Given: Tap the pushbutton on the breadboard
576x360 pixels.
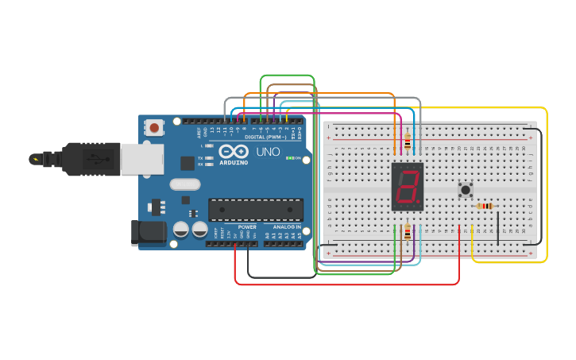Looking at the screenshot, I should (x=466, y=190).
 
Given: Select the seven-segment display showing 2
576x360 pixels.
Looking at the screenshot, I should (x=408, y=187).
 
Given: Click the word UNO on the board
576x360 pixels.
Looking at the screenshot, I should (x=268, y=152).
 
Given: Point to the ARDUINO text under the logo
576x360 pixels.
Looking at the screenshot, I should (x=234, y=162).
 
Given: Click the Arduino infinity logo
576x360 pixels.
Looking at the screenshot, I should (x=234, y=151).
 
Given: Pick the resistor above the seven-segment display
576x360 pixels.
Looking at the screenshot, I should (x=408, y=141).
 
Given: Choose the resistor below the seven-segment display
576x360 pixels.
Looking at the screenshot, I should (x=408, y=231).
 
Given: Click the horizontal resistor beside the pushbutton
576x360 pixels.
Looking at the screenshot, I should (x=485, y=206).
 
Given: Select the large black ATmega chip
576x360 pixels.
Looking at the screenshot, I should (x=256, y=209).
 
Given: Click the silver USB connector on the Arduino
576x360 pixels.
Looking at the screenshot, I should (x=142, y=158).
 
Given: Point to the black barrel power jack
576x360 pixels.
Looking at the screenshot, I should (x=149, y=232).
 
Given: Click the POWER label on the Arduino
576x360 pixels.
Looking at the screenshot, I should (x=247, y=226).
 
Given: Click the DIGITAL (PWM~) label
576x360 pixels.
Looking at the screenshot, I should (x=266, y=137).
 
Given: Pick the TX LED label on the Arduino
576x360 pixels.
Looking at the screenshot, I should (x=201, y=157).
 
